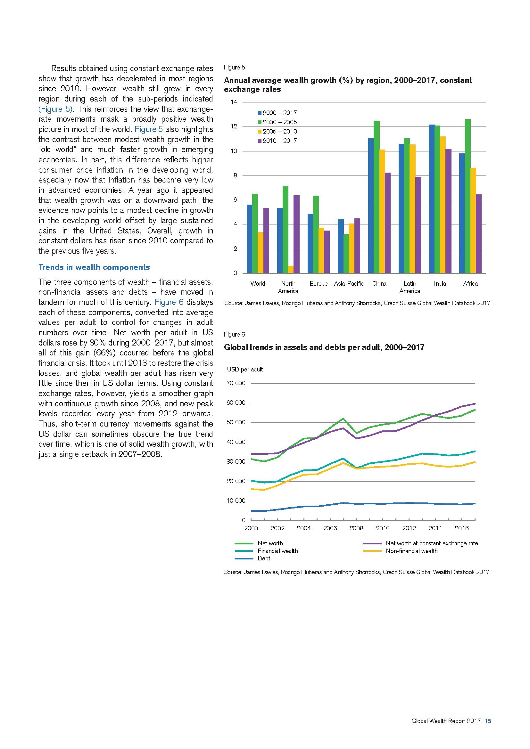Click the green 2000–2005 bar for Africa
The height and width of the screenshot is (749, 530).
(468, 196)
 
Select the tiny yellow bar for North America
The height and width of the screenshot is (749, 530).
(291, 269)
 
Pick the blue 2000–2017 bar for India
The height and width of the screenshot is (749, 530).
(432, 199)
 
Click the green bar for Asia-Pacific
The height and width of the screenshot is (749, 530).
(346, 254)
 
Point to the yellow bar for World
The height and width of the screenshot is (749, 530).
(261, 252)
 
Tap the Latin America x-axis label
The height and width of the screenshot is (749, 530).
(410, 287)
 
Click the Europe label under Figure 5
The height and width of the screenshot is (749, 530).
(319, 283)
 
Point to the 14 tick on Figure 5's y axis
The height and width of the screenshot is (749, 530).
(234, 102)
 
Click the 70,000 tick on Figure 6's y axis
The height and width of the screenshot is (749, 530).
(236, 383)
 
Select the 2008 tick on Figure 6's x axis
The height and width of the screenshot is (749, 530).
(356, 528)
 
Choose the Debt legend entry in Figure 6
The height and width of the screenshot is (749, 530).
(264, 558)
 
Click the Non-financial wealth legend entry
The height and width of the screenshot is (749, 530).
(411, 551)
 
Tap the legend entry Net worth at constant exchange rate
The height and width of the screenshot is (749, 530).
(431, 543)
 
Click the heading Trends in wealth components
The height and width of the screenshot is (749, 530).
(94, 267)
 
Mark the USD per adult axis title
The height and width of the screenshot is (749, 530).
(245, 369)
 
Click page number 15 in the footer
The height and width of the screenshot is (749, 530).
(488, 721)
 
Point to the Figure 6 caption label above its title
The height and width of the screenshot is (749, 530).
(234, 334)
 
